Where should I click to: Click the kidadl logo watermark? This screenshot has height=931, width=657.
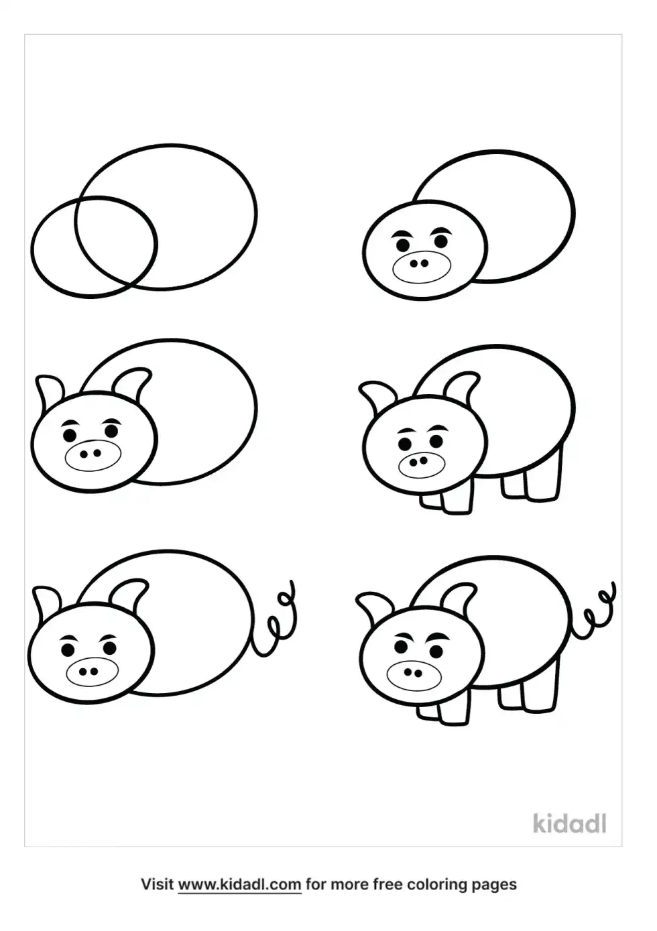[x=569, y=824]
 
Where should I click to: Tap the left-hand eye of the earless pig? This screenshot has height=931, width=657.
[x=402, y=245]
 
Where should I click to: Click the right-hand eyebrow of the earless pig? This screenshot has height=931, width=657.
[x=442, y=230]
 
